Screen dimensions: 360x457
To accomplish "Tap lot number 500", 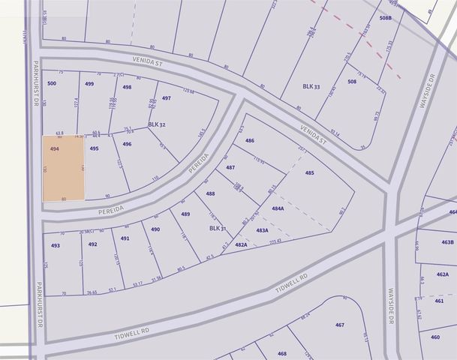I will (52, 84).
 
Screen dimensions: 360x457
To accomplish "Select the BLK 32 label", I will (156, 124).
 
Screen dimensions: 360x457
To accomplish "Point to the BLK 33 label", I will (311, 87).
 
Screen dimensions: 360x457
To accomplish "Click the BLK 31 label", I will (218, 228).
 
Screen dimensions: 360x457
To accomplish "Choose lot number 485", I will (309, 173).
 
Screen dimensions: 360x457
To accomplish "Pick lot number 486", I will (250, 140).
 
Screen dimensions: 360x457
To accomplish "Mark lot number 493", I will (56, 245).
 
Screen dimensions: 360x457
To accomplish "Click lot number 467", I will (339, 325).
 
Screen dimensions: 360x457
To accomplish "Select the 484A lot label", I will (278, 208).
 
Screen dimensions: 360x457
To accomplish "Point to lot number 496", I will (128, 144).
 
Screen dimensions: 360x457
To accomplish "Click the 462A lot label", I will (442, 274).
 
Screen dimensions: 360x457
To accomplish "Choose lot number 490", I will (155, 229).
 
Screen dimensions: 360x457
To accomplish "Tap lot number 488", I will (211, 193).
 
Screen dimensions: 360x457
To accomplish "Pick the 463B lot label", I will (447, 242).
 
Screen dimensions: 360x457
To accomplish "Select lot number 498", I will (127, 88).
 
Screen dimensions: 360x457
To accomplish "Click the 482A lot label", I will (241, 244).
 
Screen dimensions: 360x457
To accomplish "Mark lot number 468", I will (282, 353).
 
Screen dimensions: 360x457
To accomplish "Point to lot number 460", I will (435, 337).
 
